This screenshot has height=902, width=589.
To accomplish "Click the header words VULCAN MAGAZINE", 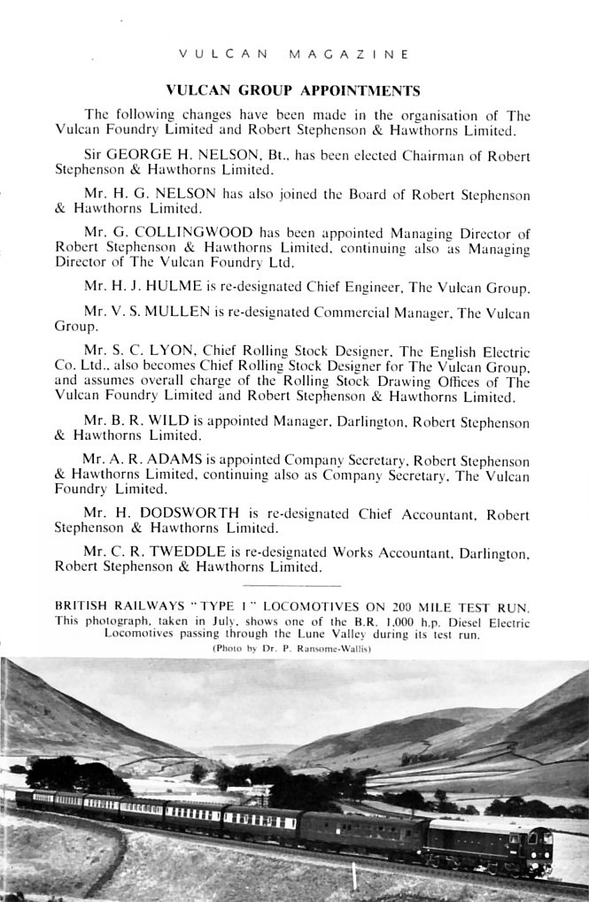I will click(x=293, y=54).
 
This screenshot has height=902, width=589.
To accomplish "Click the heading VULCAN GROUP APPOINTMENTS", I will click(x=293, y=89).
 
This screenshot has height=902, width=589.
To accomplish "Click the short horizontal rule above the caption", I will click(x=291, y=586).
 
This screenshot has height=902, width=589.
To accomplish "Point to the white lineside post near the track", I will click(x=355, y=880).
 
